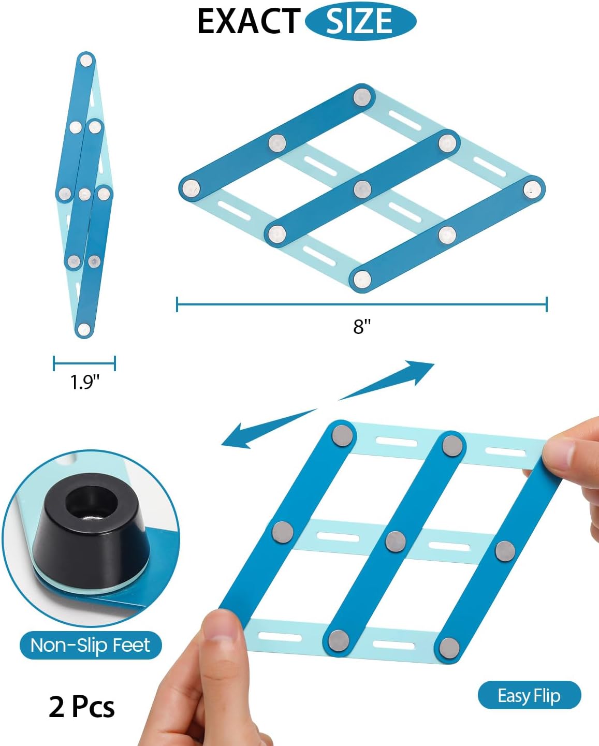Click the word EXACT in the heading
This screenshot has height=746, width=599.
(x=248, y=22)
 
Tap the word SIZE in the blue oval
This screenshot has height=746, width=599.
(x=359, y=22)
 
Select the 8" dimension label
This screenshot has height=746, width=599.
(x=362, y=326)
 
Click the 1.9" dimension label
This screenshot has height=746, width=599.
(x=84, y=382)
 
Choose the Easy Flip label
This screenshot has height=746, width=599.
(x=529, y=696)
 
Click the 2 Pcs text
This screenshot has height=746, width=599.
(x=82, y=707)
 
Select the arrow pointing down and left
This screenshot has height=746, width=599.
(x=269, y=428)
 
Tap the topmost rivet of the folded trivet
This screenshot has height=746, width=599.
(x=85, y=61)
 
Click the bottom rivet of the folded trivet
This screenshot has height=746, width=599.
(x=83, y=329)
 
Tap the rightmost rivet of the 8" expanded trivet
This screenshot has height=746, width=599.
(x=532, y=188)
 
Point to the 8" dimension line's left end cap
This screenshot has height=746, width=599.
(x=177, y=304)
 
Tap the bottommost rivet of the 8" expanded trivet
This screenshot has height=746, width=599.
(x=362, y=277)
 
